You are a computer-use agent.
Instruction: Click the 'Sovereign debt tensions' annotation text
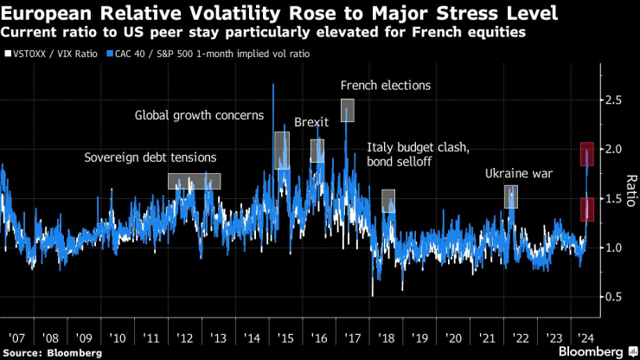pyautogui.click(x=150, y=157)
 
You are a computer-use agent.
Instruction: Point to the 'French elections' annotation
pyautogui.click(x=386, y=86)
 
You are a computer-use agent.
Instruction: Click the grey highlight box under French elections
pyautogui.click(x=348, y=110)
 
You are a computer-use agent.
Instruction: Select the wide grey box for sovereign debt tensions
pyautogui.click(x=194, y=181)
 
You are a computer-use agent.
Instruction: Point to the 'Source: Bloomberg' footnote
pyautogui.click(x=53, y=353)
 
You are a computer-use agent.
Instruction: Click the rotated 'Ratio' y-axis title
pyautogui.click(x=630, y=198)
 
